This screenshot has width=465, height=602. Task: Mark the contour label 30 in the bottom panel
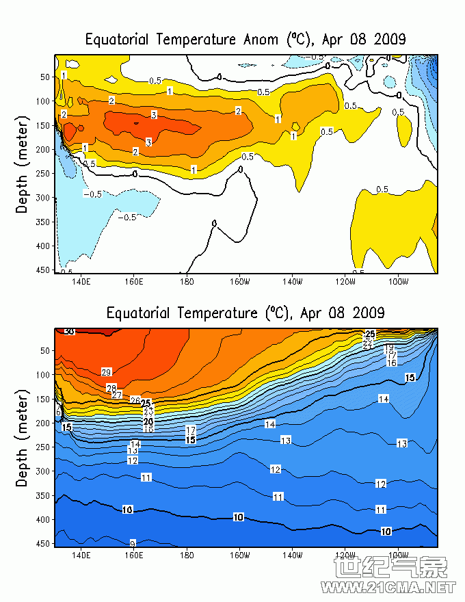[x=69, y=332]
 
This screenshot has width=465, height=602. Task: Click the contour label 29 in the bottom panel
[x=106, y=372]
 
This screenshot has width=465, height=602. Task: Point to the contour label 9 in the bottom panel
[x=133, y=542]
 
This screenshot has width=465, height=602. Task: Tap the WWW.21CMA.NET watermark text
[x=389, y=588]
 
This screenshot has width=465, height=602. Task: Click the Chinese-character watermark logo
[x=390, y=568]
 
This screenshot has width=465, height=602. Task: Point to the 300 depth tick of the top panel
[x=44, y=197]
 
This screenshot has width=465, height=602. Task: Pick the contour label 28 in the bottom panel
[x=111, y=388]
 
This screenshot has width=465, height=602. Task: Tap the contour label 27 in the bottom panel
[x=117, y=395]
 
